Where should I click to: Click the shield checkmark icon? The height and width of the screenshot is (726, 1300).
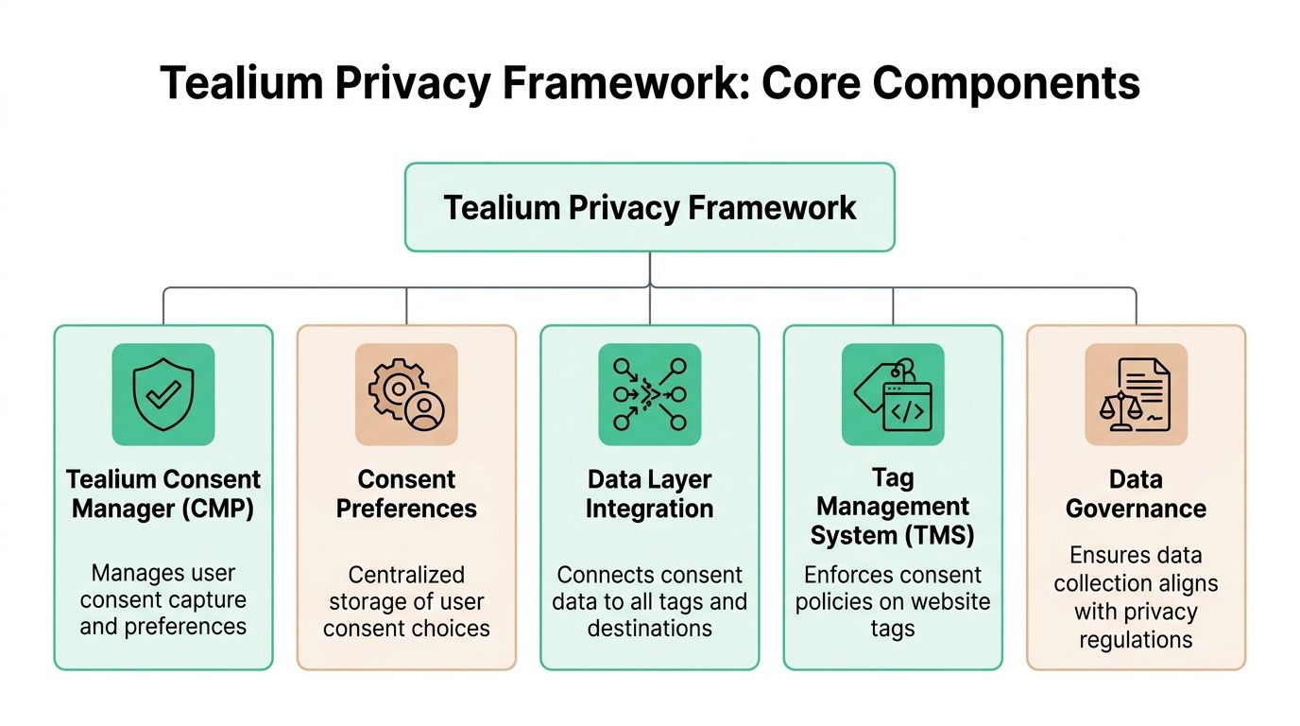[163, 394]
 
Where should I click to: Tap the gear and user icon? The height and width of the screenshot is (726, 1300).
[406, 394]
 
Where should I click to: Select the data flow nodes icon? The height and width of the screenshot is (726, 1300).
[650, 394]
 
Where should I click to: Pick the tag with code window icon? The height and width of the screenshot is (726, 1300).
[893, 394]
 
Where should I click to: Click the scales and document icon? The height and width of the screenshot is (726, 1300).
[1136, 394]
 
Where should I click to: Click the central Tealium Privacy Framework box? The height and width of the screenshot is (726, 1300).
[650, 207]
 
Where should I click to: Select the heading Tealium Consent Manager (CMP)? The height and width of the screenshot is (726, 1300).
[163, 493]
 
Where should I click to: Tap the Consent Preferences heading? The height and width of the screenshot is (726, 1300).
[406, 493]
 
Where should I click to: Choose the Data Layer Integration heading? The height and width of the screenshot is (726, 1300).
[650, 493]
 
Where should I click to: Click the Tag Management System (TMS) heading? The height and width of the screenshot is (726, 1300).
[893, 507]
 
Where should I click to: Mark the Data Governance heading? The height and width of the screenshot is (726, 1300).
[1136, 493]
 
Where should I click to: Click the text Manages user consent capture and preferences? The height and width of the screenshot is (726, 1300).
[163, 599]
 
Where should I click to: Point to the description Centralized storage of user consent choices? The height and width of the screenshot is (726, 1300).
[406, 601]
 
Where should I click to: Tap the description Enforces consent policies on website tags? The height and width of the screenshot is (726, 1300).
[893, 601]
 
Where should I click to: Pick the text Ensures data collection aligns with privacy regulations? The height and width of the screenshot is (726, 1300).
[1136, 597]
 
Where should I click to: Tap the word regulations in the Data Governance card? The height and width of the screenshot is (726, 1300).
[1136, 640]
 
